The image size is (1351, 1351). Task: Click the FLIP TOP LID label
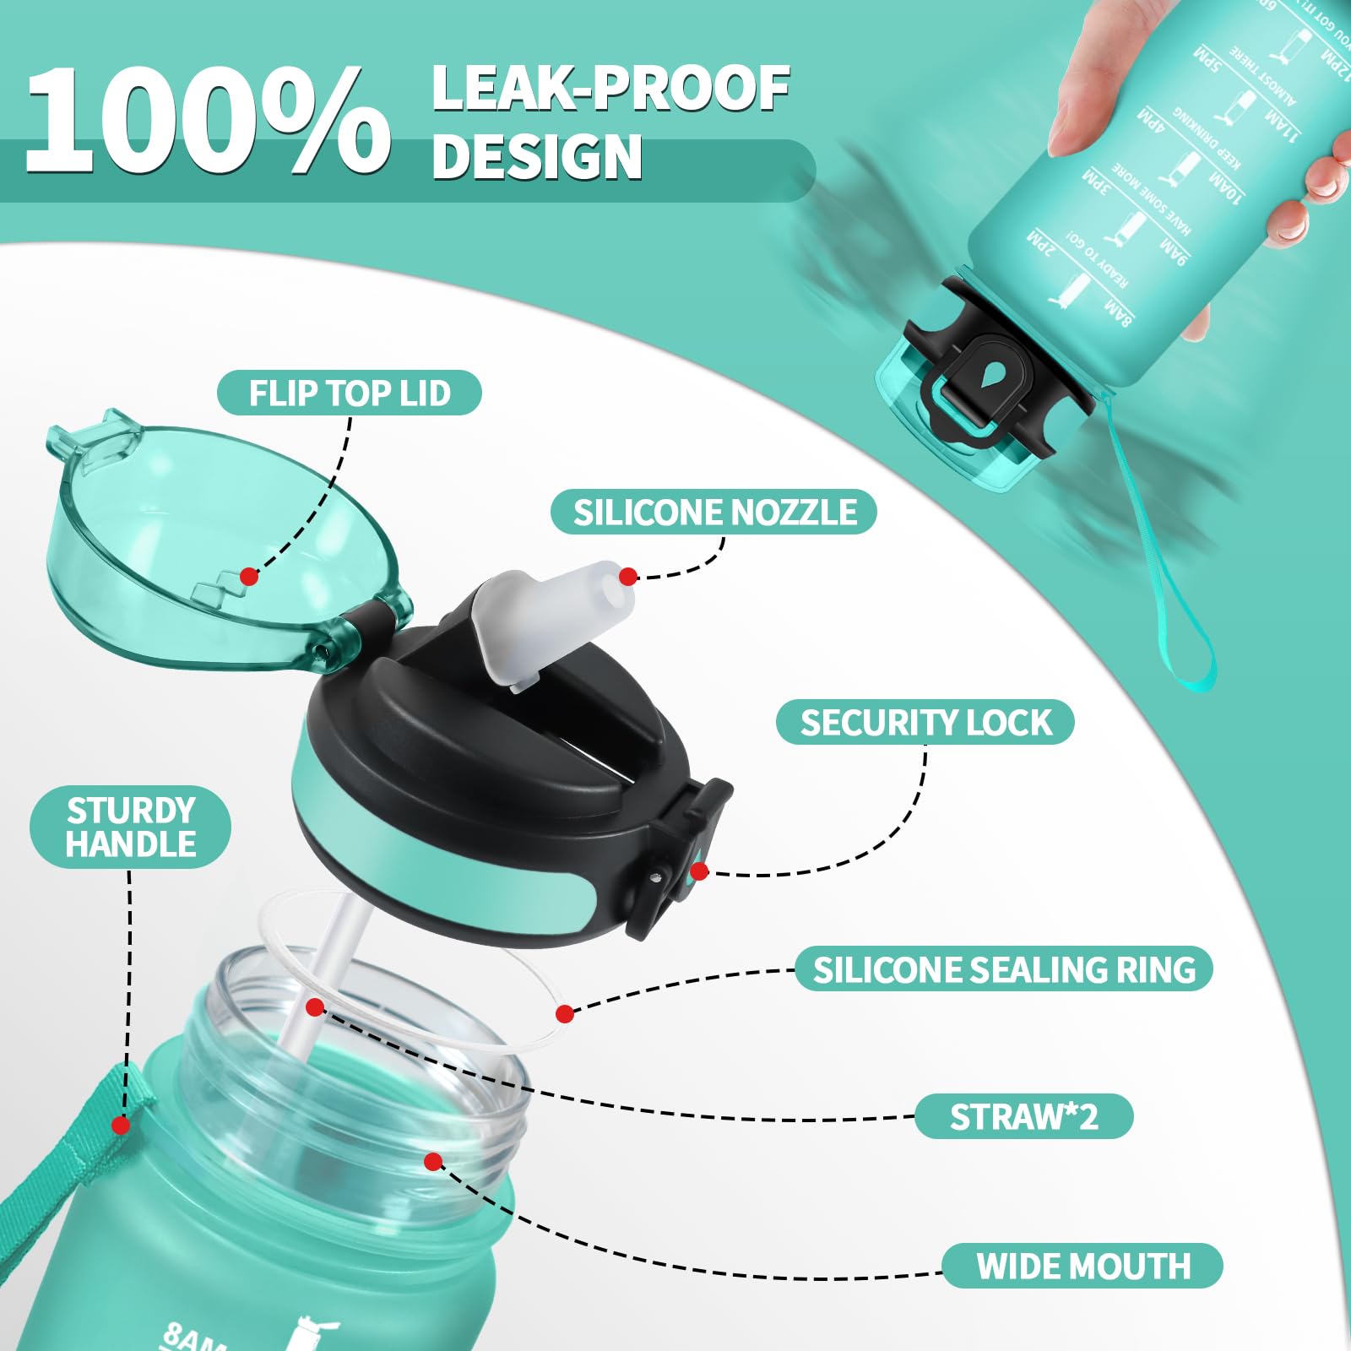349,393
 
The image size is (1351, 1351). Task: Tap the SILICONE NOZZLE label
714,513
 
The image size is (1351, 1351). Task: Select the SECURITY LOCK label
925,723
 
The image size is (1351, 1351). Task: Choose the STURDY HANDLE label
131,827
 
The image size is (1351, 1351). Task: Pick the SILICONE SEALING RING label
1004,969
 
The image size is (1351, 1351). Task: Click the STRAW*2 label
1023,1117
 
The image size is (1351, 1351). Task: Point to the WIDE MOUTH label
1082,1267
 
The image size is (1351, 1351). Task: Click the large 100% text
207,121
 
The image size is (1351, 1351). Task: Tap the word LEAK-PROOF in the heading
610,89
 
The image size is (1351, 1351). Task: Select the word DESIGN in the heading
537,158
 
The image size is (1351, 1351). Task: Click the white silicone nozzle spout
553,621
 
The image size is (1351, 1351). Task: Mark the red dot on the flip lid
248,577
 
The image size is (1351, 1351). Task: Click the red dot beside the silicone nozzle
627,577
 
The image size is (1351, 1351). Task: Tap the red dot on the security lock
698,871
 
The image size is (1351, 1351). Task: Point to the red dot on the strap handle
121,1126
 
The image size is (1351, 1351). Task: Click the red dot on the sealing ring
565,1013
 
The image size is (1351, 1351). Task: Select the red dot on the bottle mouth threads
433,1162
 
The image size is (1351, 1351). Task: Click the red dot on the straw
315,1006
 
